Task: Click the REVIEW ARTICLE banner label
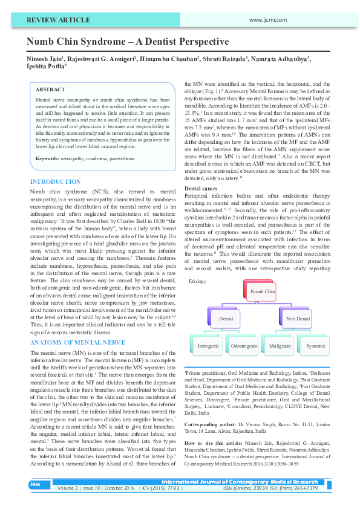click(55, 20)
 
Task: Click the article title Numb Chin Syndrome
click(127, 42)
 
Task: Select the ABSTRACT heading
click(50, 89)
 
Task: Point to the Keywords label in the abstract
click(47, 158)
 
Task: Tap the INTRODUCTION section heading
click(55, 182)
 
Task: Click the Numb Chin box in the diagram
click(262, 292)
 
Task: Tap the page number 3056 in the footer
click(36, 484)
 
